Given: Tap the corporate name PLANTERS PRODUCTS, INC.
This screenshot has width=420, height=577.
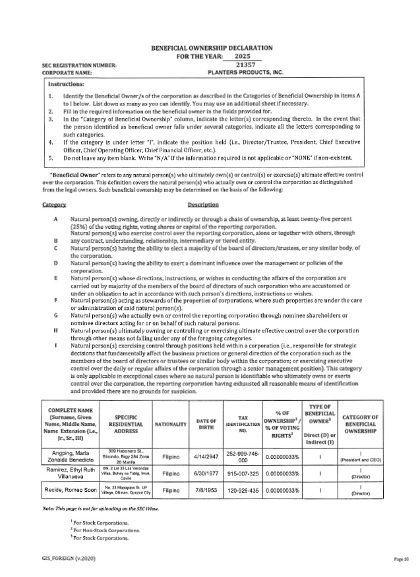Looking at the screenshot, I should tap(235, 73).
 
